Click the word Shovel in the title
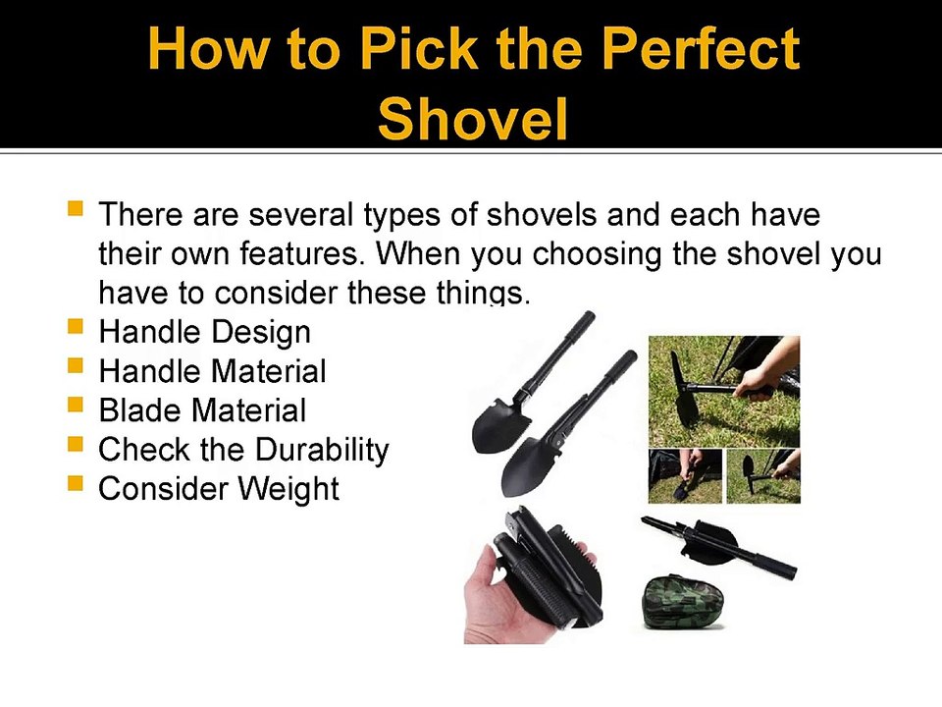tap(473, 118)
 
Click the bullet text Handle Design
tap(205, 333)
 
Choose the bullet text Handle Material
tap(213, 371)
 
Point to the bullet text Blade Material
tap(202, 410)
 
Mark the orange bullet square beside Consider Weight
tap(76, 483)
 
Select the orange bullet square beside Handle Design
tap(76, 326)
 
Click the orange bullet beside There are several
tap(76, 208)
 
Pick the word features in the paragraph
tap(302, 253)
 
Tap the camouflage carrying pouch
tap(683, 602)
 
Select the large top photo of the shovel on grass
tap(724, 392)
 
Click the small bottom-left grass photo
tap(686, 475)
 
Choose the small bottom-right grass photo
tap(763, 475)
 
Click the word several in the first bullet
tap(300, 215)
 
